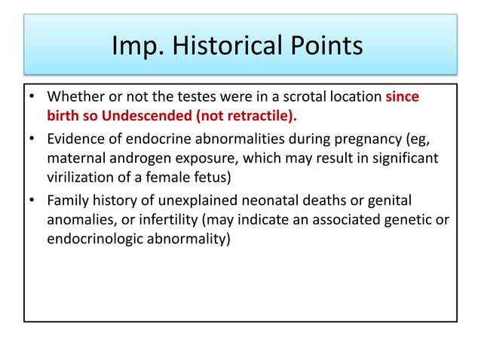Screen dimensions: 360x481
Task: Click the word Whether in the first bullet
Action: pyautogui.click(x=74, y=98)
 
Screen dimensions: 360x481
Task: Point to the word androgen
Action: pyautogui.click(x=144, y=159)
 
